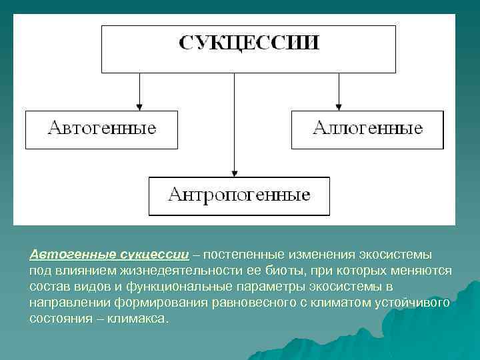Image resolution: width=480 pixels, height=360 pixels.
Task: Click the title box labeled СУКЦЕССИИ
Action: [x=248, y=49]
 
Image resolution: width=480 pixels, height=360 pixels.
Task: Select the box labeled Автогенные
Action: [x=101, y=129]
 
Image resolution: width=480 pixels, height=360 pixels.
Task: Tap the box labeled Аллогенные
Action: [x=367, y=129]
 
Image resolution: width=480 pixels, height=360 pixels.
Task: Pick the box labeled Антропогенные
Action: [x=239, y=196]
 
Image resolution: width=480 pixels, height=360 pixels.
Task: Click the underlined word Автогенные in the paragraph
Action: [x=73, y=255]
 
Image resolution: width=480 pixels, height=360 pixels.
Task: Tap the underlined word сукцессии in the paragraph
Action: [x=154, y=255]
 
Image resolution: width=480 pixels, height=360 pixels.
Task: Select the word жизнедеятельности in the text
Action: [x=159, y=271]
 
